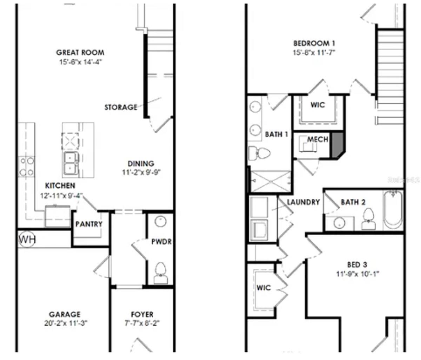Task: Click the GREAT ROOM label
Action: [x=80, y=53]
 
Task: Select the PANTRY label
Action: [x=89, y=224]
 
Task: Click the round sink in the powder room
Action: [x=160, y=222]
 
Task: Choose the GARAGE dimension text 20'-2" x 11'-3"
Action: [x=66, y=323]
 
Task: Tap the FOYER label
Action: [x=142, y=314]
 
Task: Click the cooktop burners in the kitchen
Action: [x=27, y=166]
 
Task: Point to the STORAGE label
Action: [x=121, y=107]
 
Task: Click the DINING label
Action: [x=141, y=164]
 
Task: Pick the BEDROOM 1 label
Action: [x=314, y=44]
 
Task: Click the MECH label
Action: [x=318, y=139]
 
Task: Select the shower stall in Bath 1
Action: [x=270, y=181]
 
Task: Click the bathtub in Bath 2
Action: [x=393, y=210]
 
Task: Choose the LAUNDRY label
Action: [x=303, y=202]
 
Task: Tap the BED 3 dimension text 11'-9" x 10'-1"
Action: [x=357, y=274]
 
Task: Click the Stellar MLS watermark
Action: [x=403, y=180]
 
